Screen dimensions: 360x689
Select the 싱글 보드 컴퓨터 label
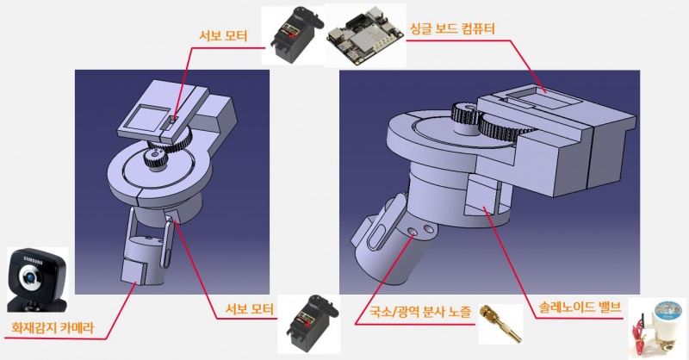[x=458, y=28]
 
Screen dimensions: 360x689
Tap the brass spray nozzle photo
[x=500, y=323]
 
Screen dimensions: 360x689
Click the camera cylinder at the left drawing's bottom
[x=141, y=259]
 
